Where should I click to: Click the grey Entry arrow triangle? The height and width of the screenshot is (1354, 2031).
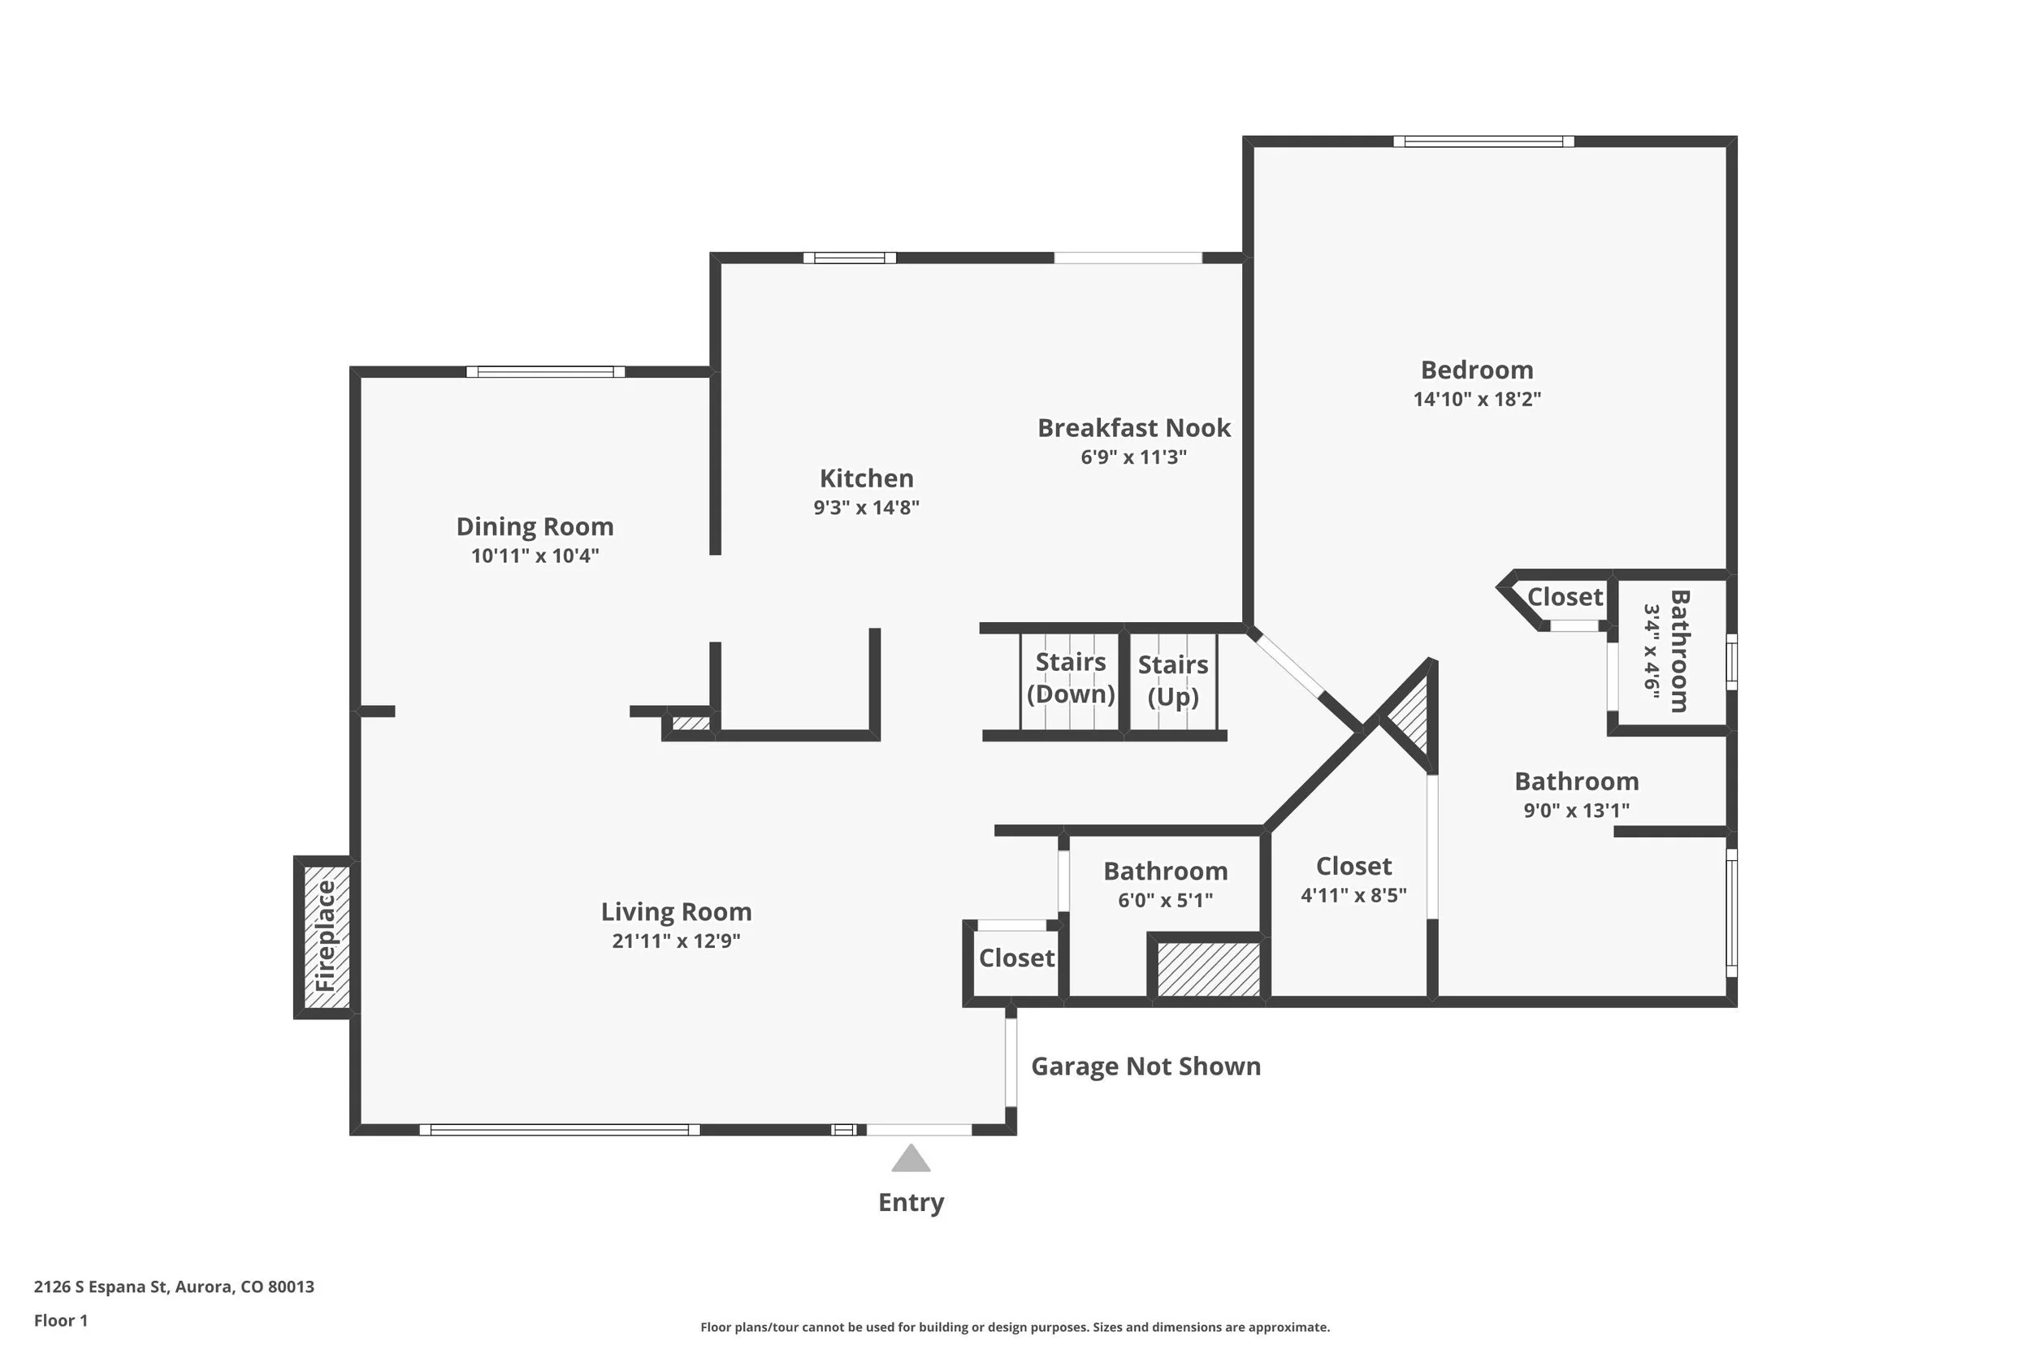(910, 1159)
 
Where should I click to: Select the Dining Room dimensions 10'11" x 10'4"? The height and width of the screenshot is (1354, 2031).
(535, 556)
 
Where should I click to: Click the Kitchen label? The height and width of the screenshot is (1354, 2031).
(866, 478)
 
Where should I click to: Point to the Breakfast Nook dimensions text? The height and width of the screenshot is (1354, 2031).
(1134, 456)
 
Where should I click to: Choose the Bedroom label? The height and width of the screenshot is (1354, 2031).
(1477, 370)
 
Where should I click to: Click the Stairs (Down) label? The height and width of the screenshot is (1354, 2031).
(1071, 678)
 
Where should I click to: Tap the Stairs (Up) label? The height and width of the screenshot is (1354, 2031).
(1172, 681)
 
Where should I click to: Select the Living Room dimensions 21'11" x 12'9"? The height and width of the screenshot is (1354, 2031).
(676, 941)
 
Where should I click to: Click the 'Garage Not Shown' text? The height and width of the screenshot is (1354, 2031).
(1146, 1066)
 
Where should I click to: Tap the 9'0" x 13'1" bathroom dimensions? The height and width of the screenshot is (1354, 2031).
(1576, 810)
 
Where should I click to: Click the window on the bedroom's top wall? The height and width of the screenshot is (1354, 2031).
(1483, 141)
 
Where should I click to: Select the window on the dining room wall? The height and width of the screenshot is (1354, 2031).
(546, 372)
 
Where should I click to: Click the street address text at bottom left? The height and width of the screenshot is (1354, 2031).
(174, 1287)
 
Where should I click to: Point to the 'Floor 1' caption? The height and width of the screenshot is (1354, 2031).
(60, 1321)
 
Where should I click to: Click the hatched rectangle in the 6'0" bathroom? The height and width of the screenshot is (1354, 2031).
(1208, 969)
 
